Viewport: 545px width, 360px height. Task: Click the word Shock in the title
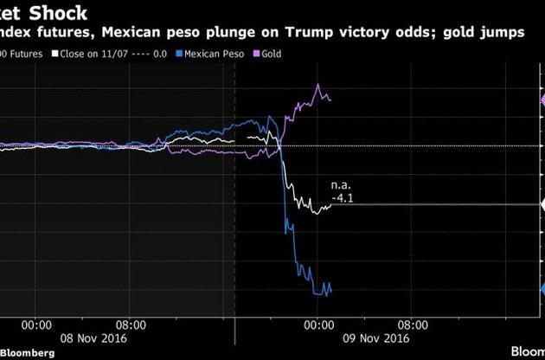[57, 15]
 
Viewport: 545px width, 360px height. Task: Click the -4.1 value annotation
[343, 198]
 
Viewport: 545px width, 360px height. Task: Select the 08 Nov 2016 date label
[93, 338]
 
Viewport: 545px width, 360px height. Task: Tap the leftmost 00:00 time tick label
[35, 325]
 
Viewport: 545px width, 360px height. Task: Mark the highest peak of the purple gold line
[319, 85]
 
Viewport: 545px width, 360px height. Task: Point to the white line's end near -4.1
[330, 204]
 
